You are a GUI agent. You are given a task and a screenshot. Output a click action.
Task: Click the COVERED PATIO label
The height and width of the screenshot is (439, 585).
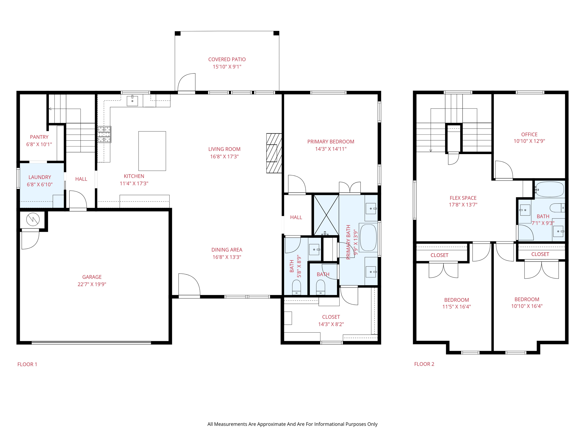pos(227,59)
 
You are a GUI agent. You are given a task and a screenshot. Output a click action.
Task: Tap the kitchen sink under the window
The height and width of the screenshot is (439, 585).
pos(132,101)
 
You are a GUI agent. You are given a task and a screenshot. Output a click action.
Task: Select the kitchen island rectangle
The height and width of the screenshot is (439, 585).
pos(152,151)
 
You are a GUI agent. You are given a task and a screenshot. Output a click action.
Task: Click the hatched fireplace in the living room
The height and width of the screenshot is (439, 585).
pos(274,153)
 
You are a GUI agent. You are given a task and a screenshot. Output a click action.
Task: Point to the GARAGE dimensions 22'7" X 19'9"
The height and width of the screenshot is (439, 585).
pos(92,284)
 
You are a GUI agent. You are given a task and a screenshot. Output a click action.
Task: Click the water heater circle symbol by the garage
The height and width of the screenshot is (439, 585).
pos(33,219)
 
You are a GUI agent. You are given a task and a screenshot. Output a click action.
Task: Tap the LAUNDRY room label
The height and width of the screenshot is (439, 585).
pos(40,177)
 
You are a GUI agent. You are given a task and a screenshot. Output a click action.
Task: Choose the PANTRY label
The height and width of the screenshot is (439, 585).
pos(39,137)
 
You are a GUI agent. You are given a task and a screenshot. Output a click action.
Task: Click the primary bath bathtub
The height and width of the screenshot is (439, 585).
pos(368,238)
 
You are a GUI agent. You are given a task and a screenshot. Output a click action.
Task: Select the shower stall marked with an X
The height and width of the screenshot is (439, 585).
pos(326,215)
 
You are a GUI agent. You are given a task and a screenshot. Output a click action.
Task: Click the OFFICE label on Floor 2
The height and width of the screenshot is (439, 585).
pos(529,134)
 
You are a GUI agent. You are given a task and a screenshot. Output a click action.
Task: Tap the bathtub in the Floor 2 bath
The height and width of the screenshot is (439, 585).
pos(550,189)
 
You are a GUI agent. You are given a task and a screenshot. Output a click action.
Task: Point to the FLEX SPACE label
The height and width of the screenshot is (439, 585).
pos(463,198)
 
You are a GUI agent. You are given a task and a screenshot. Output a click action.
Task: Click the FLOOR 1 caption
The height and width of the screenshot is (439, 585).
pos(27,364)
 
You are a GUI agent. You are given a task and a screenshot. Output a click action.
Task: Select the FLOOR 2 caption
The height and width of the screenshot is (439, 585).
pos(424,364)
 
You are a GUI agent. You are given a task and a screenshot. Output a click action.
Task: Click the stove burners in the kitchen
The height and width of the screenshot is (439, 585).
pos(104,134)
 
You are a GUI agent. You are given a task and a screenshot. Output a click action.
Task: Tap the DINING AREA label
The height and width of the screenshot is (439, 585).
pos(227,250)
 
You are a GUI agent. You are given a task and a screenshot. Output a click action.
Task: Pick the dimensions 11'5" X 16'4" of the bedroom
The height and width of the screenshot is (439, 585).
pos(456,307)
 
